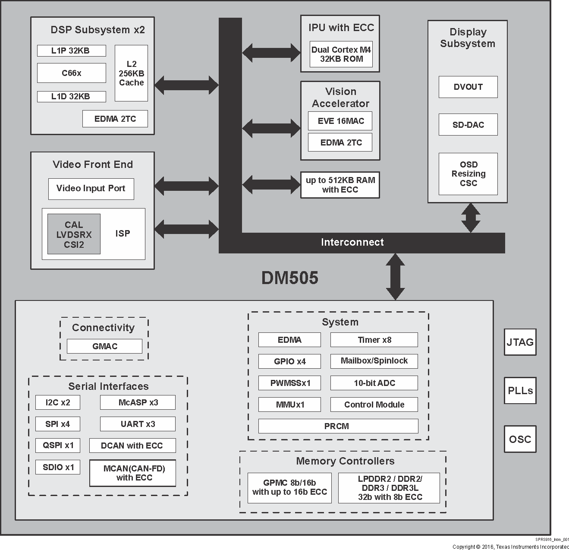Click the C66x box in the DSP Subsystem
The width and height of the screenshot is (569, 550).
pyautogui.click(x=71, y=73)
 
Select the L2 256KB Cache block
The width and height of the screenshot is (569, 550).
pyautogui.click(x=131, y=73)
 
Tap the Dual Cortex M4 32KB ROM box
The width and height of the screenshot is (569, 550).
pyautogui.click(x=341, y=54)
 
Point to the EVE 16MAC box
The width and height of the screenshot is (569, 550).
pyautogui.click(x=340, y=121)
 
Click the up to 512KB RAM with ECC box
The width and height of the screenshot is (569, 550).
pyautogui.click(x=340, y=185)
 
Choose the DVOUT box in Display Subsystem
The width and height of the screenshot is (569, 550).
pyautogui.click(x=468, y=87)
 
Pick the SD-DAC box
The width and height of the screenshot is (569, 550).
pyautogui.click(x=468, y=125)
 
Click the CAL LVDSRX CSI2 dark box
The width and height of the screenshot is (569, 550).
pyautogui.click(x=74, y=234)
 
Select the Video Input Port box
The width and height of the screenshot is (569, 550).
pyautogui.click(x=91, y=189)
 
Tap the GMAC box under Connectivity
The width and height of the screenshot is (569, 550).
pyautogui.click(x=104, y=346)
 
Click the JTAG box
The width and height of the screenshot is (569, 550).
pyautogui.click(x=520, y=342)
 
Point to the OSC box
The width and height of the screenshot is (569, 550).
pyautogui.click(x=520, y=439)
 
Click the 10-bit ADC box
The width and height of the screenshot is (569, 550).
pyautogui.click(x=374, y=383)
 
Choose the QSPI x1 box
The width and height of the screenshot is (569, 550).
pyautogui.click(x=58, y=445)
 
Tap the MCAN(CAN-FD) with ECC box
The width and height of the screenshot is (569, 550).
pyautogui.click(x=133, y=473)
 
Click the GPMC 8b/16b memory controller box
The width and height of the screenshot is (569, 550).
pyautogui.click(x=289, y=488)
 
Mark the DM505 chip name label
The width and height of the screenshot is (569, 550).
pyautogui.click(x=289, y=278)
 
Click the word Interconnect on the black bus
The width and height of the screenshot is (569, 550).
pyautogui.click(x=352, y=242)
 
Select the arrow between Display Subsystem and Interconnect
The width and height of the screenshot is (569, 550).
pyautogui.click(x=470, y=218)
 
